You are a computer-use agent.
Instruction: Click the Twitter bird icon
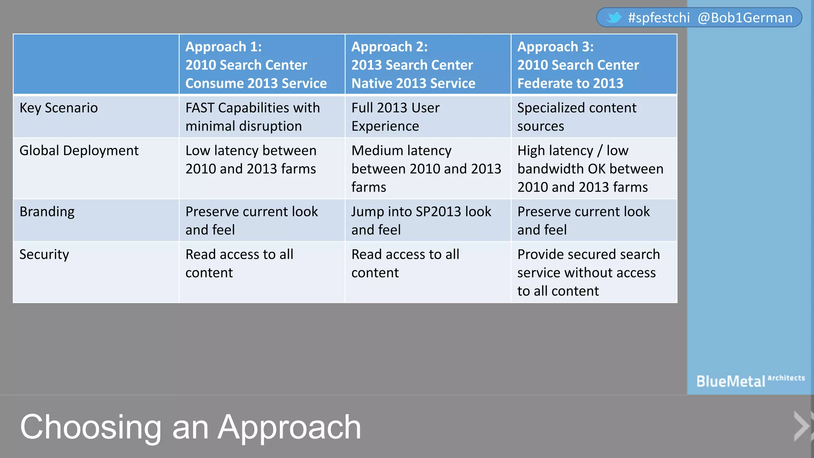click(614, 17)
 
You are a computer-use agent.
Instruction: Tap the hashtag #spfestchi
click(659, 18)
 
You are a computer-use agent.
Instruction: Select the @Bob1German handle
click(745, 18)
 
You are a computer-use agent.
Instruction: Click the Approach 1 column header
click(256, 65)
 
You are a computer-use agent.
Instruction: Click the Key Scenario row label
click(59, 108)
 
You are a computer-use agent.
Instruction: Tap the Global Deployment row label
click(79, 151)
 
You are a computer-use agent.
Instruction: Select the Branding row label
click(47, 212)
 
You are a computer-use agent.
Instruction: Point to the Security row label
click(44, 254)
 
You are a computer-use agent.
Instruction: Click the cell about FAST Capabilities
click(252, 117)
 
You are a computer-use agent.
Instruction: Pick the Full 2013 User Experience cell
click(395, 117)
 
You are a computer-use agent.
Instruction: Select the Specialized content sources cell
click(577, 117)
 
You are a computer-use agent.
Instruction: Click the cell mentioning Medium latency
click(426, 169)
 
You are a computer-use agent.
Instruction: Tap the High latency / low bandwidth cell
click(590, 169)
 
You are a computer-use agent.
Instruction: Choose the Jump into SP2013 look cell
click(421, 221)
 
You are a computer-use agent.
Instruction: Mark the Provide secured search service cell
click(588, 273)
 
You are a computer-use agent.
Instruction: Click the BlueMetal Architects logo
click(750, 381)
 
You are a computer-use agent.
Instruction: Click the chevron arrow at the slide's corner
click(802, 426)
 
